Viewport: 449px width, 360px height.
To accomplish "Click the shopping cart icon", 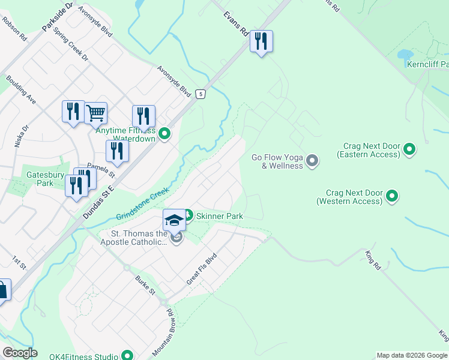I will point(96,112).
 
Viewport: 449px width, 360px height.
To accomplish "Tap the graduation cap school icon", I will point(174,220).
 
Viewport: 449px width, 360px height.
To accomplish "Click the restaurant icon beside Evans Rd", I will point(261,41).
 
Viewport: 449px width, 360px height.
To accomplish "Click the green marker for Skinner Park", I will point(188,215).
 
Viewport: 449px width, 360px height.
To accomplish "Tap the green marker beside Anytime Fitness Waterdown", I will point(164,134).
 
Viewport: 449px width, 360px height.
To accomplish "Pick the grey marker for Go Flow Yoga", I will point(312,161).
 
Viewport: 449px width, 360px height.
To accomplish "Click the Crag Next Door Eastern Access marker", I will point(410,148).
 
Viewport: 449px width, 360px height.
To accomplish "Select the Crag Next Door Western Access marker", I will point(392,196).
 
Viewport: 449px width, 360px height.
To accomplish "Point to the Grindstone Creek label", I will point(143,204).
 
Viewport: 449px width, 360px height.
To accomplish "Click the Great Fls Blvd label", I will point(200,268).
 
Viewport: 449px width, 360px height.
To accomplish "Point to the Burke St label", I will point(145,284).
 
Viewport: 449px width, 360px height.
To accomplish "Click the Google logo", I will point(20,353).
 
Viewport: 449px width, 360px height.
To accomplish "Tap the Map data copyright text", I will point(411,355).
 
